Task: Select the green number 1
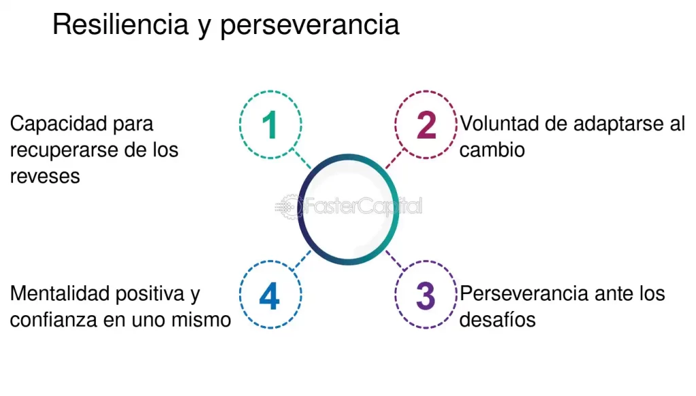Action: click(x=270, y=126)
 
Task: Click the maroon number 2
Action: click(x=425, y=126)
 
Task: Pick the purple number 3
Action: click(x=425, y=297)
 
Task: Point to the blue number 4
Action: click(x=270, y=297)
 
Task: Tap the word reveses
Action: click(x=45, y=175)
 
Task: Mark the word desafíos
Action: click(x=498, y=319)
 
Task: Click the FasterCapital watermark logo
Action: click(x=348, y=206)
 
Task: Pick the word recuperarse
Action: click(x=65, y=149)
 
